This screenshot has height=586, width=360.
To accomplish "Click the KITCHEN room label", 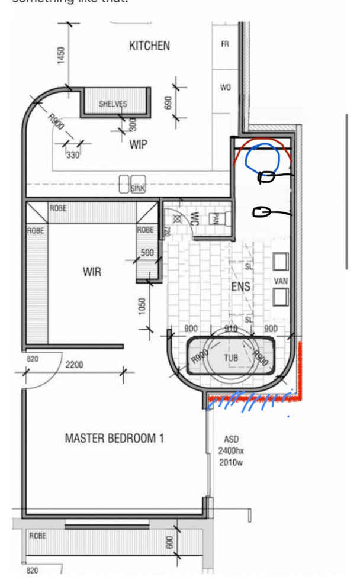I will point(149,46).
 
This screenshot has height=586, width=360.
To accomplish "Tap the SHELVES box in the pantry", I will point(112,104).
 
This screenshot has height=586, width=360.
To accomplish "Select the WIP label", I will point(138,144).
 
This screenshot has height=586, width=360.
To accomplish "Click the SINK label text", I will point(138,188).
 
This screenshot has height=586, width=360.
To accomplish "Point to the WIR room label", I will point(92,272).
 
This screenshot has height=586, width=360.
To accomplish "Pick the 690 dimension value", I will point(168,103).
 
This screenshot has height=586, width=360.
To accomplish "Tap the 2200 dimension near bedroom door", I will point(75,365).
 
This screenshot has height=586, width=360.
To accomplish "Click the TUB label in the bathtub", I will point(230,358).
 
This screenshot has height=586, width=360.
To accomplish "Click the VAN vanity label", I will point(281,280).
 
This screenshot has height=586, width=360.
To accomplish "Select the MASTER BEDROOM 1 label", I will point(114,439).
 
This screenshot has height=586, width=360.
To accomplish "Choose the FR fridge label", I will point(225,45).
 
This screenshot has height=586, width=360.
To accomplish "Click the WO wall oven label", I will point(225,88).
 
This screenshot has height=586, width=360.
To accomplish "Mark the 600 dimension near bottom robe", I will point(170,543).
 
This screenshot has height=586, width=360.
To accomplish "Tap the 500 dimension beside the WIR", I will point(147,253).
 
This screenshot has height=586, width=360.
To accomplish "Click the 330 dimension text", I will point(72,155).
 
